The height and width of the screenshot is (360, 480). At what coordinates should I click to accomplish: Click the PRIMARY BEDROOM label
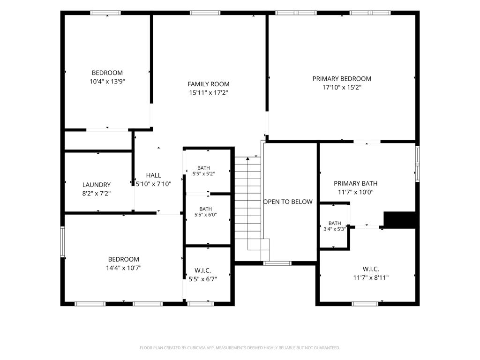[x=342, y=79]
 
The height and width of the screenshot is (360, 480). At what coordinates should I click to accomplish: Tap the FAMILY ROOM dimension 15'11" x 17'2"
[x=209, y=92]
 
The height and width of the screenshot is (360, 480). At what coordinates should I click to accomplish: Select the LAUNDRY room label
[x=97, y=185]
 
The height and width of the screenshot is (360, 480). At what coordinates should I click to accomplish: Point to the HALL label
[x=153, y=175]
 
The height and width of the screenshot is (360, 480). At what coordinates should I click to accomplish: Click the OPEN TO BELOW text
[x=288, y=202]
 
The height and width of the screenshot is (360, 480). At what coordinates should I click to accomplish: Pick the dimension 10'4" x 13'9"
[x=107, y=82]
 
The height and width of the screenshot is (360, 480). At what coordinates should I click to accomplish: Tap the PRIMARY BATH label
[x=355, y=183]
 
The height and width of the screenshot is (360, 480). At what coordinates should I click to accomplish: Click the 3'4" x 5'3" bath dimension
[x=335, y=229]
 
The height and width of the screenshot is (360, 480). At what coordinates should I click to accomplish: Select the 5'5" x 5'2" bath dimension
[x=203, y=173]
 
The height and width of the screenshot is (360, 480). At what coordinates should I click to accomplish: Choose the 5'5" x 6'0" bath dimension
[x=206, y=215]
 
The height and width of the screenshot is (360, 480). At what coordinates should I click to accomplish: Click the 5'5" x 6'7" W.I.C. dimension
[x=202, y=279]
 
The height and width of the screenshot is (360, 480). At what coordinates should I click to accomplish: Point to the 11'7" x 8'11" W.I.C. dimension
[x=371, y=277]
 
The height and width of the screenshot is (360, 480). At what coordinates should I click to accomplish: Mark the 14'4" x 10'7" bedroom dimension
[x=124, y=268]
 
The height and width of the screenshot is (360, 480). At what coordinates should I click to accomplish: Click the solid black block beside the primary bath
[x=400, y=219]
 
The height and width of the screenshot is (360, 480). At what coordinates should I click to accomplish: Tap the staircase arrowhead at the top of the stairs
[x=247, y=158]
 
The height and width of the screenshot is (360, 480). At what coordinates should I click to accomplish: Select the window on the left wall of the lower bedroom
[x=62, y=242]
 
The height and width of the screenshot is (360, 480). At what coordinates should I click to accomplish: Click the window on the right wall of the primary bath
[x=417, y=164]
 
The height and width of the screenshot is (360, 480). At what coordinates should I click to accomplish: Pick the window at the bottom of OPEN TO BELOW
[x=277, y=263]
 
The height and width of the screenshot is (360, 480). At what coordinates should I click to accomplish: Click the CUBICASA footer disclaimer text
[x=240, y=348]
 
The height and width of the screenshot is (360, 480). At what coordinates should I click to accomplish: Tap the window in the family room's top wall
[x=205, y=13]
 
